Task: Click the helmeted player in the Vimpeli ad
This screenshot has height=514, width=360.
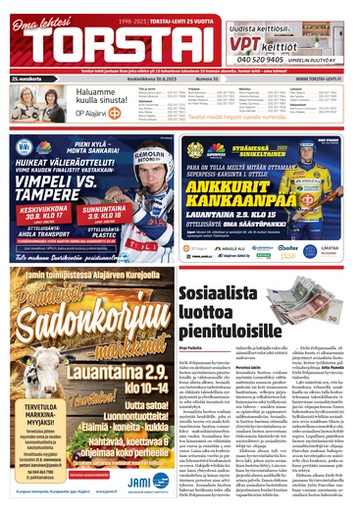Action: [x=147, y=181]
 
